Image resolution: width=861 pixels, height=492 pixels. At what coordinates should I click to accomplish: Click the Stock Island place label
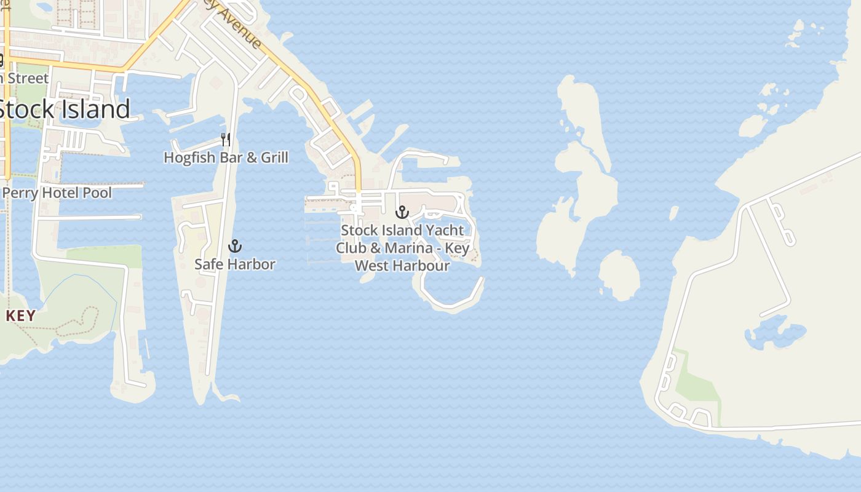pos(64,109)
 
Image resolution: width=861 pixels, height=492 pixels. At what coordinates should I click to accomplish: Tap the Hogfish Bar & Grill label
pos(226,157)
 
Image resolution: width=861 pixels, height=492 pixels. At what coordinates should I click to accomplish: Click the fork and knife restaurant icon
pos(226,140)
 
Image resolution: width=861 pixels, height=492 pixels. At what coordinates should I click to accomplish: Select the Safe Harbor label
pos(235,264)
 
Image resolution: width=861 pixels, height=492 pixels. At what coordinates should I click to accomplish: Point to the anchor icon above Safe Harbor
pos(235,247)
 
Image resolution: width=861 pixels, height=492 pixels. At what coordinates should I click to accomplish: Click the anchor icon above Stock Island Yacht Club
pos(402,213)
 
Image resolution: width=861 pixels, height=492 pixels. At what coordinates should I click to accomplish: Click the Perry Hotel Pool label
pos(57,193)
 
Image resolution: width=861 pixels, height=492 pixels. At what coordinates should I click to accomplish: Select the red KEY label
pos(21,316)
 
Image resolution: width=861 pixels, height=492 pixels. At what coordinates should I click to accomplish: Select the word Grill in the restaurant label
pos(274,157)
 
